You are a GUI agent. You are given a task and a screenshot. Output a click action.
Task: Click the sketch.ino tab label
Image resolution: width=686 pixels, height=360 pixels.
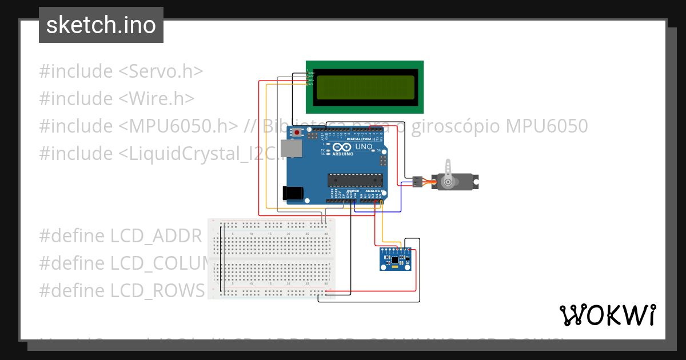pos(101,25)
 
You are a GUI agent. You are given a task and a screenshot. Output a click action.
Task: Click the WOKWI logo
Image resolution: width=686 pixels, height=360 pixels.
pos(607,315)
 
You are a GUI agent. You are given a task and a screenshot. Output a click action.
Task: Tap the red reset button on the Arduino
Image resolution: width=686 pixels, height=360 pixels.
pos(297,133)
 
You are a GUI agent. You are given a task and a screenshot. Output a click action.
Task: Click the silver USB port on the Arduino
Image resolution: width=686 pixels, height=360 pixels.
pos(292,149)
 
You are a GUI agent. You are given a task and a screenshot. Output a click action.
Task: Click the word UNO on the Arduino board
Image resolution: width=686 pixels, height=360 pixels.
pos(364,147)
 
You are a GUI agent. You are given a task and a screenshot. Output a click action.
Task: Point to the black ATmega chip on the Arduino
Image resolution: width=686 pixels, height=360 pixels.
pos(354,180)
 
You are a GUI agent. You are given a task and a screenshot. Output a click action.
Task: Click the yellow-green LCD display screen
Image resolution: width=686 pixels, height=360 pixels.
pos(365,87)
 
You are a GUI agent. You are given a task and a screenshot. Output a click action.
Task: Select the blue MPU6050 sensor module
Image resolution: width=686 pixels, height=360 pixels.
pos(396,259)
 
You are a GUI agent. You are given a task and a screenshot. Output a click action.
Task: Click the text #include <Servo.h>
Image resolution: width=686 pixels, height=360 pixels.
pos(121,71)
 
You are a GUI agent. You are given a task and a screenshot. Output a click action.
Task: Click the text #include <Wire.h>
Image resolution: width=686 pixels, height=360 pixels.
pos(117,99)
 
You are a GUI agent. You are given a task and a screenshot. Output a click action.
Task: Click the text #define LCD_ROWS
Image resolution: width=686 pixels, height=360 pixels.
pos(121,290)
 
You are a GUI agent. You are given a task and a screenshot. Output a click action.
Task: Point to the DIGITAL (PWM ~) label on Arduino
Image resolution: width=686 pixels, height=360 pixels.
pos(361,139)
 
